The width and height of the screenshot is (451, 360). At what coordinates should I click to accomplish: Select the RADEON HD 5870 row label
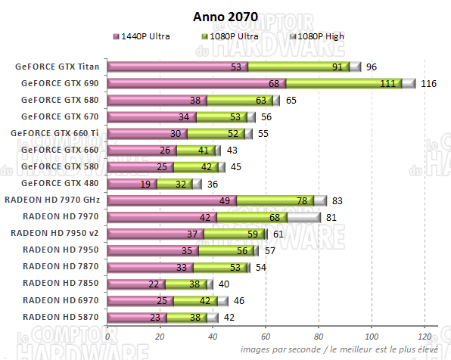click(x=61, y=316)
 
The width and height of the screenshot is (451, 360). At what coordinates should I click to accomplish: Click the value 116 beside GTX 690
click(x=428, y=83)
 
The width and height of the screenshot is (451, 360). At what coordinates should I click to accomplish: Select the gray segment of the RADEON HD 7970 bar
click(x=304, y=216)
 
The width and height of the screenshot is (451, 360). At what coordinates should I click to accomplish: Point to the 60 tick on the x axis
click(x=266, y=337)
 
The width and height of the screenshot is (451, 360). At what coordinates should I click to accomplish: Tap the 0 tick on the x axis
click(x=108, y=337)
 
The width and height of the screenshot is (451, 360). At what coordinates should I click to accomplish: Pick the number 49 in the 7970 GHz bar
click(x=225, y=200)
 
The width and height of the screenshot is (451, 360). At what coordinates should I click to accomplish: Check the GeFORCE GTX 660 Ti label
click(x=56, y=133)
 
